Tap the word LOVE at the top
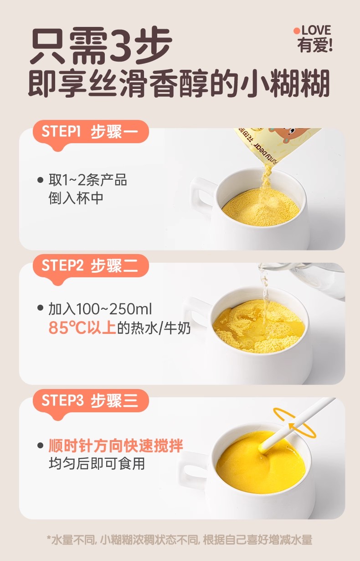tap(316, 30)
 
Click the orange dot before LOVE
tap(297, 31)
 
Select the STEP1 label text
tap(61, 131)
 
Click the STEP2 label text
tap(62, 265)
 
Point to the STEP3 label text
tap(62, 400)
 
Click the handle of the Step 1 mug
tap(201, 195)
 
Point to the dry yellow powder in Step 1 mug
tap(261, 208)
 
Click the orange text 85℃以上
tap(82, 327)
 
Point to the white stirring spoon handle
tap(298, 423)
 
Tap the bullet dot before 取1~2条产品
tap(40, 180)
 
